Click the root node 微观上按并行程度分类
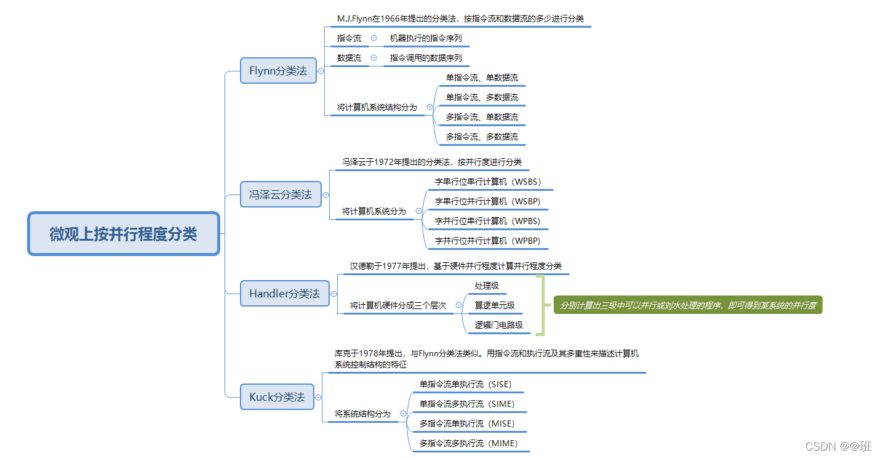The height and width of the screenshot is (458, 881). tap(124, 234)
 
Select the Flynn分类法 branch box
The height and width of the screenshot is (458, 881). tap(278, 71)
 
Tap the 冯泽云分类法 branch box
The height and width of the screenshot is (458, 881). tap(280, 195)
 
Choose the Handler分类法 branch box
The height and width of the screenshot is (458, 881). tap(284, 294)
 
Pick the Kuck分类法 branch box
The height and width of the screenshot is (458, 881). tap(277, 397)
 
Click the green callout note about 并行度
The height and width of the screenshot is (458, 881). tap(688, 305)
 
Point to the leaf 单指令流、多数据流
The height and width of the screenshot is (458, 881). tap(482, 97)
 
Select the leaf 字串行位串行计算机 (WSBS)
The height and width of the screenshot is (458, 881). tap(488, 182)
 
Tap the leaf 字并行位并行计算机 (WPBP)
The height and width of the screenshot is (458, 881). tap(487, 241)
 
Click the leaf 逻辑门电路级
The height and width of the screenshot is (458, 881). tap(498, 325)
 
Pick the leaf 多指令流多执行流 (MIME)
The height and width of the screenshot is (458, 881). tap(468, 443)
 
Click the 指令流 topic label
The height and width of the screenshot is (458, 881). tap(349, 38)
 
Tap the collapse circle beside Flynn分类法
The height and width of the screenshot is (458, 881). tap(321, 71)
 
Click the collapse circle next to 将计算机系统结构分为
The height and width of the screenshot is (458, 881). tap(429, 106)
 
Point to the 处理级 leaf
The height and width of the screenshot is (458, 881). tap(487, 286)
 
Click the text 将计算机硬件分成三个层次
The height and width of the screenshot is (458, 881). tap(398, 305)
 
